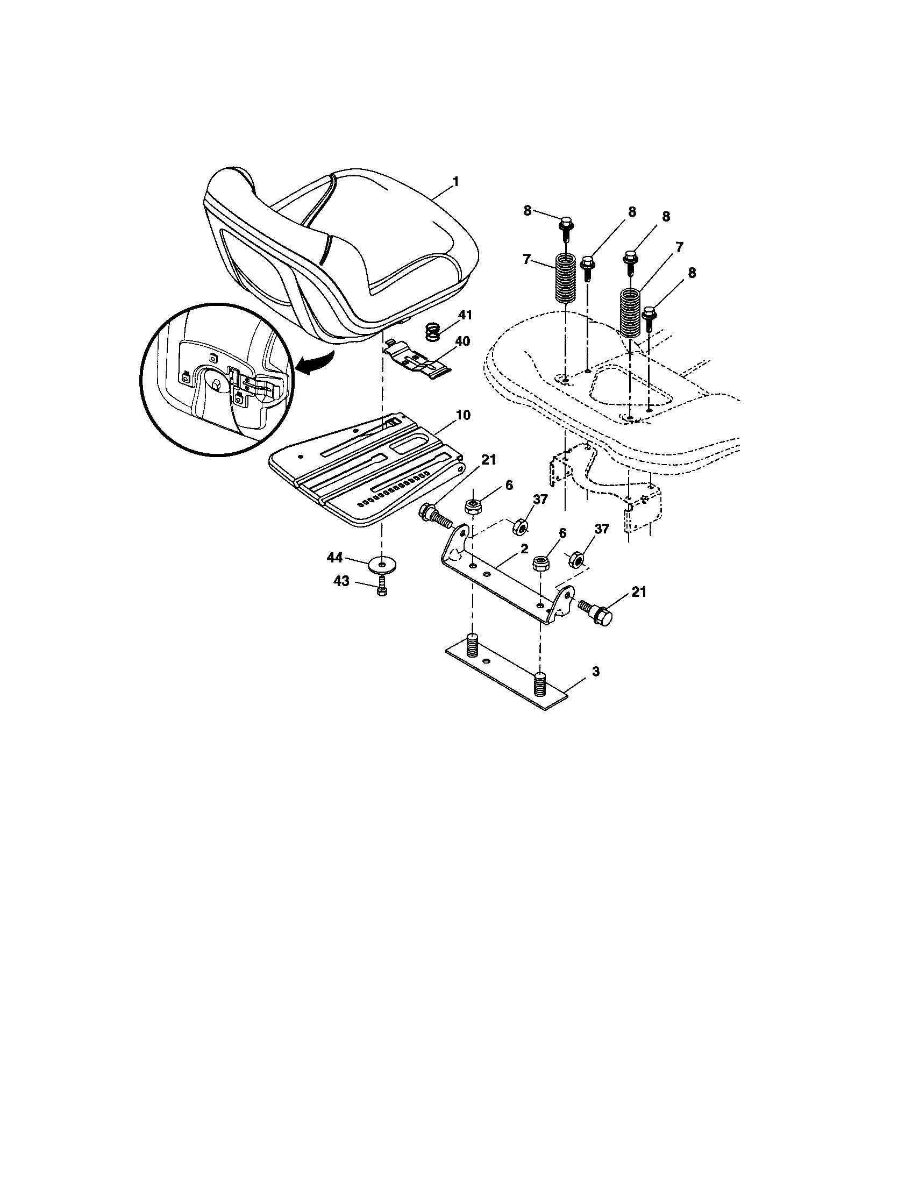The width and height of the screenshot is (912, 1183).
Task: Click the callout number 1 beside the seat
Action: pyautogui.click(x=455, y=182)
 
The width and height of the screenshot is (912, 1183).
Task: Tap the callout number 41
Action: pyautogui.click(x=465, y=315)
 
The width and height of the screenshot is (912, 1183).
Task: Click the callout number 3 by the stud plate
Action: pyautogui.click(x=596, y=672)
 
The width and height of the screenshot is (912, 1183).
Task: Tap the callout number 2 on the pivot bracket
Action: pyautogui.click(x=524, y=548)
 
